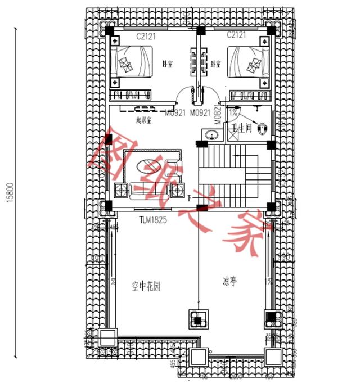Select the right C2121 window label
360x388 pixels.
[238, 36]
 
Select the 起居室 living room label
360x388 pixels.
[144, 120]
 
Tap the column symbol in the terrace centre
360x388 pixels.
[198, 318]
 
